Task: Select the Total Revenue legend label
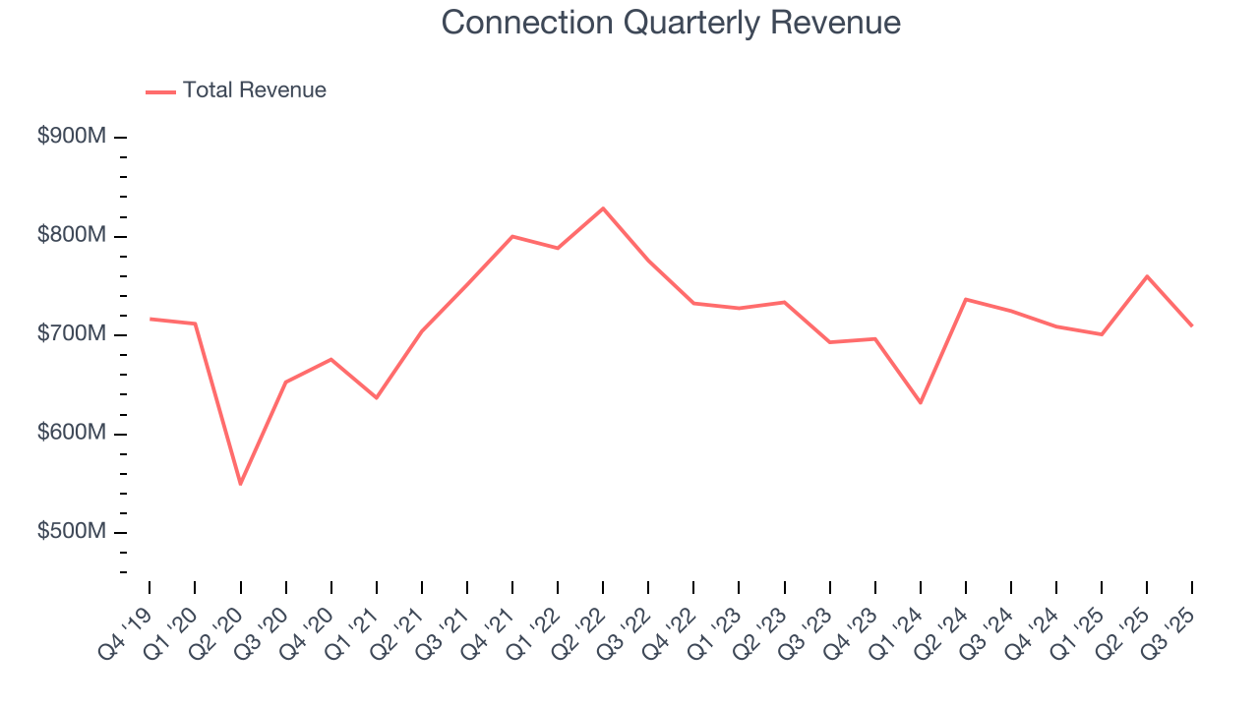pyautogui.click(x=254, y=90)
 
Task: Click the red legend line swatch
pyautogui.click(x=160, y=91)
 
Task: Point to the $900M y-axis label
pyautogui.click(x=72, y=137)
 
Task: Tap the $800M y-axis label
pyautogui.click(x=72, y=236)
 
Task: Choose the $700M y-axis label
pyautogui.click(x=72, y=334)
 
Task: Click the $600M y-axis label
pyautogui.click(x=72, y=434)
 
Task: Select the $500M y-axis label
pyautogui.click(x=72, y=532)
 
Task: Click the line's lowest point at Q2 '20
pyautogui.click(x=240, y=484)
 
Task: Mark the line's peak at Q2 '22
pyautogui.click(x=603, y=208)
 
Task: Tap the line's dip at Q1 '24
pyautogui.click(x=921, y=403)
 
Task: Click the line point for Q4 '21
pyautogui.click(x=512, y=236)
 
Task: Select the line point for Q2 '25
pyautogui.click(x=1147, y=276)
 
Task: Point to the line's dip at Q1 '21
pyautogui.click(x=376, y=397)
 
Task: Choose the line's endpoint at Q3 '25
pyautogui.click(x=1192, y=325)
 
